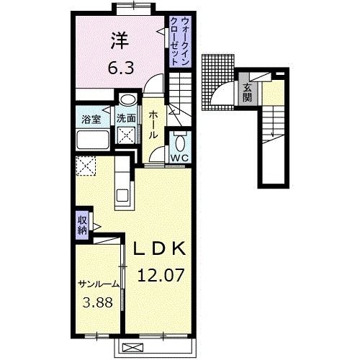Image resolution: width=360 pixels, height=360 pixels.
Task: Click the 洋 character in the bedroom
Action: click(x=119, y=41)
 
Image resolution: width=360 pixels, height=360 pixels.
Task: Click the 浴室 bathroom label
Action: click(x=89, y=118)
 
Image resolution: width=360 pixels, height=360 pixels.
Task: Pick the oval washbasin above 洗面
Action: click(x=127, y=101)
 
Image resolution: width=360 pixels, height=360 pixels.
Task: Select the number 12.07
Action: click(x=163, y=274)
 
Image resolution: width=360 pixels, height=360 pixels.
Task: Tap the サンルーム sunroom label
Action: click(x=98, y=283)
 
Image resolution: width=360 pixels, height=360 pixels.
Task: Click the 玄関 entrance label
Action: click(x=247, y=92)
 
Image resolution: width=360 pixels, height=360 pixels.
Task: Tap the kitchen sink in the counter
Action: click(x=122, y=194)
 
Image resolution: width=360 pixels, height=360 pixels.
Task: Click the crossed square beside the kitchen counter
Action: click(x=87, y=166)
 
